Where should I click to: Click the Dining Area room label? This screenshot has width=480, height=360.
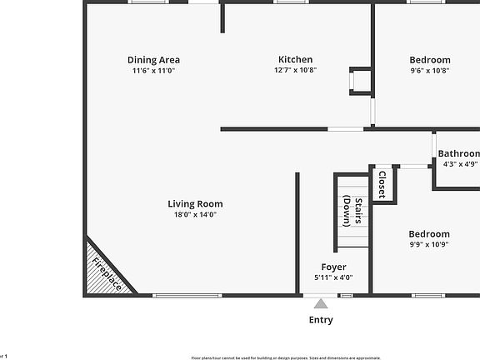point(153,59)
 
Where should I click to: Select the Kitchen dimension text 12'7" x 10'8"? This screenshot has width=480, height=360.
point(295,70)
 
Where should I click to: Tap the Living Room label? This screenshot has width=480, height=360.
point(195,203)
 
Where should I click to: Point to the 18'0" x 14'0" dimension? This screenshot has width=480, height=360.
point(195,215)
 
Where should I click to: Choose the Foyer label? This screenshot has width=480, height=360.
point(333,267)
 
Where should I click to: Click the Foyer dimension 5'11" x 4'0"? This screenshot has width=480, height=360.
point(333,277)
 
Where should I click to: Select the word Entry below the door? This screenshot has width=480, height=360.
point(321,320)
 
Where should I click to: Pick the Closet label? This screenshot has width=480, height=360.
point(382,183)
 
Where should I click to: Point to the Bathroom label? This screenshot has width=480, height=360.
point(458,153)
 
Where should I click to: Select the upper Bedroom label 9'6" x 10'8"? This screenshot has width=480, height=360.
point(430,59)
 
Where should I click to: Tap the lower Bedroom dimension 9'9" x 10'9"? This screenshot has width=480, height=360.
point(429,245)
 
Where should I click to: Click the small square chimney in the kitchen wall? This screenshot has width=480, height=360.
point(361,81)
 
